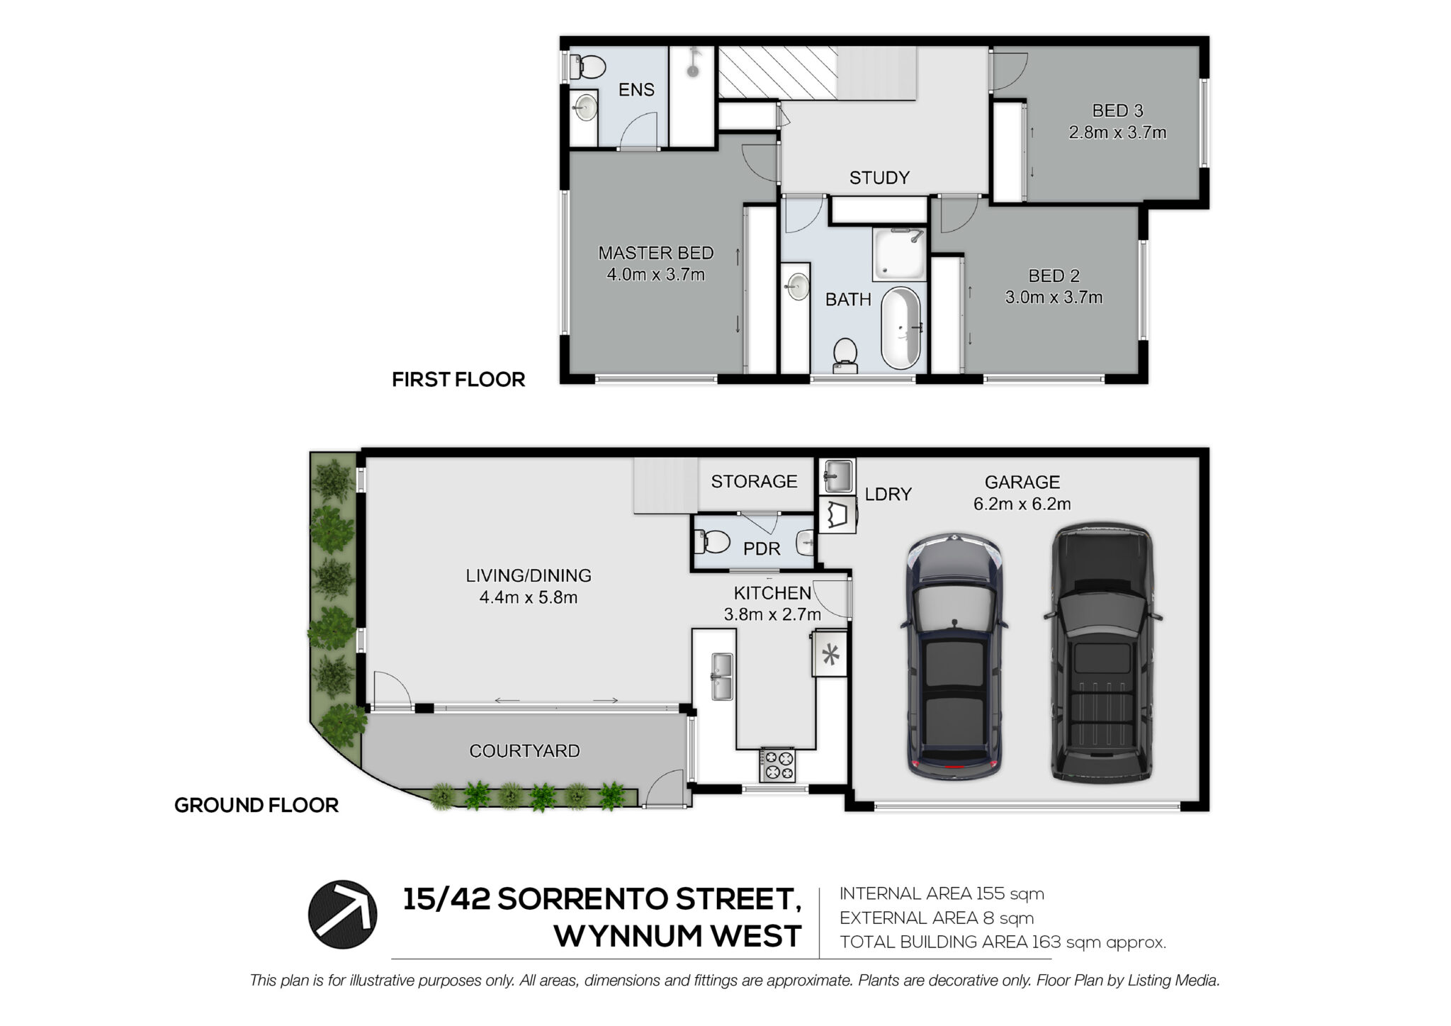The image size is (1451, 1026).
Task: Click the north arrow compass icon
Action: [x=342, y=914]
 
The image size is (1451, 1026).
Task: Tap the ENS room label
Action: [x=636, y=90]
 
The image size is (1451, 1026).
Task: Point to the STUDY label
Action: [x=879, y=178]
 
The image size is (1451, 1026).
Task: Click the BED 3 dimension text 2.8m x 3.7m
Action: [x=1117, y=133]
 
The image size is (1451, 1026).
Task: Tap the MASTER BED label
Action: [x=655, y=253]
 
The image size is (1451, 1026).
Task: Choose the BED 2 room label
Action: [x=1054, y=276]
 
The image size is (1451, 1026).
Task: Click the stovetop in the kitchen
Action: [x=778, y=765]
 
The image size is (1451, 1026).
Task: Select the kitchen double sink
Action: [x=721, y=676]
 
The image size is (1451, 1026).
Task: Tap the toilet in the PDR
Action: [x=712, y=543]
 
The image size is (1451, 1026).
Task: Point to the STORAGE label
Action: [x=754, y=482]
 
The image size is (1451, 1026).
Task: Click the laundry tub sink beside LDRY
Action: [x=837, y=476]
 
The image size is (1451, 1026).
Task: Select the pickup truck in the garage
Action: [x=1102, y=652]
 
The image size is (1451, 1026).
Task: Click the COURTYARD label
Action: [x=524, y=751]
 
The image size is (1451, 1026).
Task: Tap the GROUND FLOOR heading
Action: [x=256, y=806]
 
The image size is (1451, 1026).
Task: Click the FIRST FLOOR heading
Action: [x=458, y=380]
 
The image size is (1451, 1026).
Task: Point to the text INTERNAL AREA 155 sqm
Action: [x=942, y=894]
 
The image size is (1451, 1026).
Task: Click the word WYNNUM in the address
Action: [x=628, y=937]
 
